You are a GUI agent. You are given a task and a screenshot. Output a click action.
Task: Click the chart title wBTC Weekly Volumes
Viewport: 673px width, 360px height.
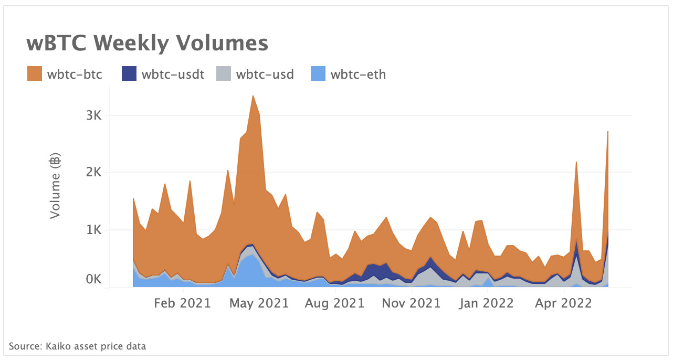coord(147,43)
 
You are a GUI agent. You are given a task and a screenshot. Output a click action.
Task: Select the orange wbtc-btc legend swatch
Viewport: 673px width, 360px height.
coord(35,74)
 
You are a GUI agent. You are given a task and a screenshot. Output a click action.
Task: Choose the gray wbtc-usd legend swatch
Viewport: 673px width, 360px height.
coord(224,74)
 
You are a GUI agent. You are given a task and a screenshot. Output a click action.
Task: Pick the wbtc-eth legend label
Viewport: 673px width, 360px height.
coord(358,74)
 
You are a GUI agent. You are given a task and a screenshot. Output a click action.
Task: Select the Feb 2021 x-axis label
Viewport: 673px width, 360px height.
coord(183,303)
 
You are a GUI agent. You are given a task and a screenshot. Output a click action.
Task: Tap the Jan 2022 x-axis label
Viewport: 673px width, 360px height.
coord(486,303)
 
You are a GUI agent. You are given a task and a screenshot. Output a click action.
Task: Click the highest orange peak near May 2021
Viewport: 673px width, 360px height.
coord(253,97)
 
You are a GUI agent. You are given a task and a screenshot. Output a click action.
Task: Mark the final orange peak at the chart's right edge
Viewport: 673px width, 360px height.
coord(607,132)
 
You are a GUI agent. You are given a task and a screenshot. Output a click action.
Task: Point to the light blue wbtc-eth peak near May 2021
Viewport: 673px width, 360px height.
coord(252,256)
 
